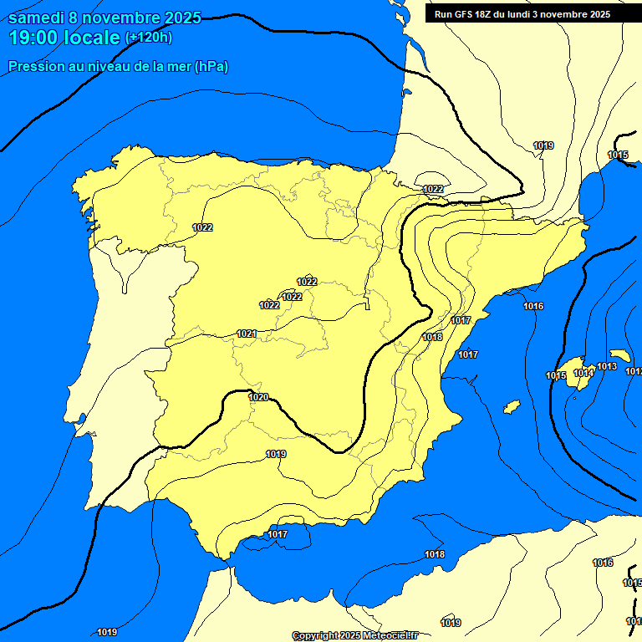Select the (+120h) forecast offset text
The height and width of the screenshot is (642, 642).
[x=149, y=37]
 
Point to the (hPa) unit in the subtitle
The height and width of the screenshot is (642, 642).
[x=211, y=67]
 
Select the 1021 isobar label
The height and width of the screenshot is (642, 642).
[x=247, y=334]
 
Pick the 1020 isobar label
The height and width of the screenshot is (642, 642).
[x=259, y=397]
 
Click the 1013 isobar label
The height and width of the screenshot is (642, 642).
[x=607, y=366]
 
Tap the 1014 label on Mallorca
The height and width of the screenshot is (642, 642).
[x=583, y=373]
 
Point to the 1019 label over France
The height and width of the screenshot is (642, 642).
[x=544, y=145]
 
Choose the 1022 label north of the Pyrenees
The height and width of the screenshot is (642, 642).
[x=433, y=189]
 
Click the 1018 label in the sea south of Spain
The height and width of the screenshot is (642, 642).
[x=435, y=554]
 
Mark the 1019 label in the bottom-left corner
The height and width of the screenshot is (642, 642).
[x=107, y=632]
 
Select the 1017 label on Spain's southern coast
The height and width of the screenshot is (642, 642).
[x=278, y=534]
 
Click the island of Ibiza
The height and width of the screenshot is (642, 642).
[x=512, y=406]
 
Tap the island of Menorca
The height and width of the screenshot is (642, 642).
[x=620, y=355]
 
